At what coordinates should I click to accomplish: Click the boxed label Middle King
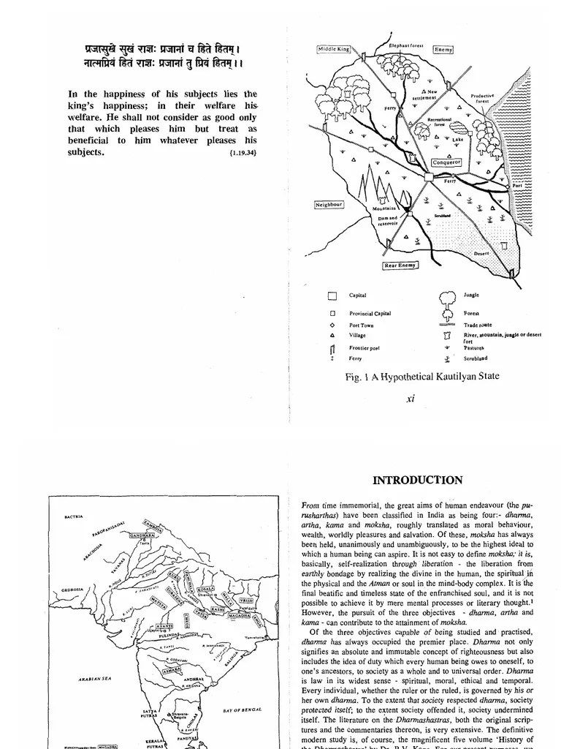coord(334,49)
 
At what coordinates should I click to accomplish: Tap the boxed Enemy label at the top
coord(443,49)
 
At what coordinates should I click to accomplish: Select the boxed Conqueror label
coord(447,162)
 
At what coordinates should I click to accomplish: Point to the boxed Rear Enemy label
coord(400,266)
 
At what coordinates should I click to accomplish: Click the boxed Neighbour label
coord(329,204)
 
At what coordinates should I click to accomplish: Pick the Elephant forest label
coord(407,45)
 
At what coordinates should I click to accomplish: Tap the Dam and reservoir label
coord(388,220)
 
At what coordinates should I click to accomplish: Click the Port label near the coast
coord(517,187)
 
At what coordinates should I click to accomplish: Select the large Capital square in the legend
coord(332,296)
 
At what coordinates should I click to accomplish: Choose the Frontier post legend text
coord(365,348)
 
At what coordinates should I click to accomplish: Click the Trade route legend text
coord(478,325)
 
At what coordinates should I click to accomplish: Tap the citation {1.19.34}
coord(243,154)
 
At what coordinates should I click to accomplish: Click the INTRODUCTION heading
coord(417,481)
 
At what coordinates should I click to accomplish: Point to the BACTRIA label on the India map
coord(74,516)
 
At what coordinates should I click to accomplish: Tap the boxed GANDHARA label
coord(144,535)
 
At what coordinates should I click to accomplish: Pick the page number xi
coord(410,399)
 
